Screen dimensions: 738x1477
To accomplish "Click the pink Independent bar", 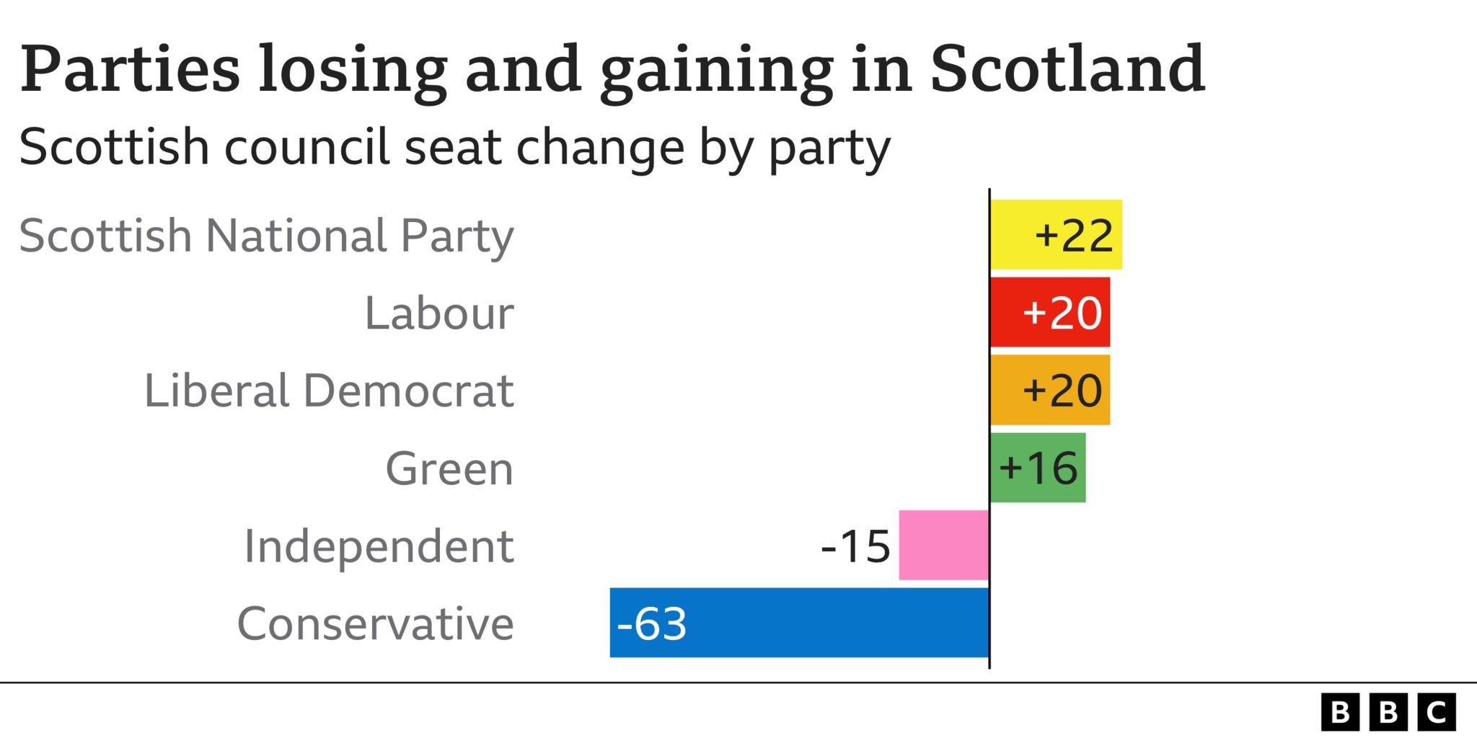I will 943,545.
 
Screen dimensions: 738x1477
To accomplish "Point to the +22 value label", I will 1074,235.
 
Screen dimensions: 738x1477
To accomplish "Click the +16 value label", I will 1038,468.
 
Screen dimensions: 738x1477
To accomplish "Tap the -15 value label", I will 855,546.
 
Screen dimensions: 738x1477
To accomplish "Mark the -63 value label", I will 652,623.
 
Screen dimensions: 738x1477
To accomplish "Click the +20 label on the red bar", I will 1062,313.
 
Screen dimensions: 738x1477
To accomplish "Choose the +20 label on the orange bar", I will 1062,391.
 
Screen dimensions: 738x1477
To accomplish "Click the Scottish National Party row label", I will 266,236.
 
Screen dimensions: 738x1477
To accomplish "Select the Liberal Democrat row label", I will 329,391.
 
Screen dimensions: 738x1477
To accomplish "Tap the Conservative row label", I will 375,623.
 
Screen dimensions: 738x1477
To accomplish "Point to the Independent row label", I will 379,546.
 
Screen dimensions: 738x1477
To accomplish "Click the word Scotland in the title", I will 1067,69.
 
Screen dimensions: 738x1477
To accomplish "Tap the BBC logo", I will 1388,712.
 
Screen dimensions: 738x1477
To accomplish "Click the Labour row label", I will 438,313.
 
